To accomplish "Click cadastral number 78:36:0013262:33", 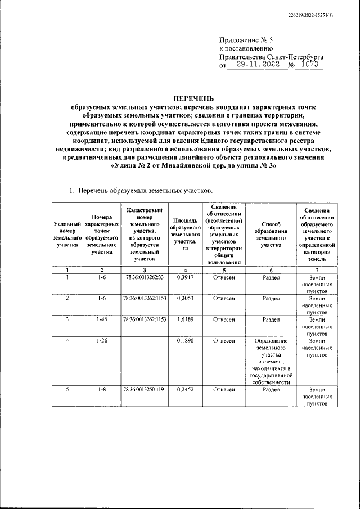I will [x=144, y=277].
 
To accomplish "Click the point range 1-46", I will [x=102, y=319].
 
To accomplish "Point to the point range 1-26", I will [x=102, y=341].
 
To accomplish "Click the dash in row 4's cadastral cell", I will [x=144, y=341].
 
